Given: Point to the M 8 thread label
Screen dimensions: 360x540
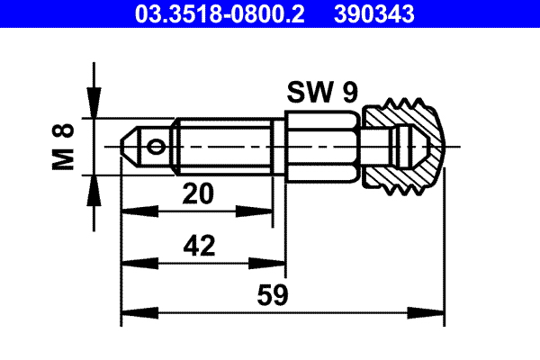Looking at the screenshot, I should coord(64,146).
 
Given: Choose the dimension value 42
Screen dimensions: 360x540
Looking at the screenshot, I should coord(200,246).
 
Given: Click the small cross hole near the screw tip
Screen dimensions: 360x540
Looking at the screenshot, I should coord(158,146).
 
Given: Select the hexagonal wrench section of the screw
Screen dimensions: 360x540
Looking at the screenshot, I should coord(322,146).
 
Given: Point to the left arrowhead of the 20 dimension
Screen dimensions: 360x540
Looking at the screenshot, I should coord(131,212).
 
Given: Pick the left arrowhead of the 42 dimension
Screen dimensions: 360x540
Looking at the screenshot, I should coord(131,265).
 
